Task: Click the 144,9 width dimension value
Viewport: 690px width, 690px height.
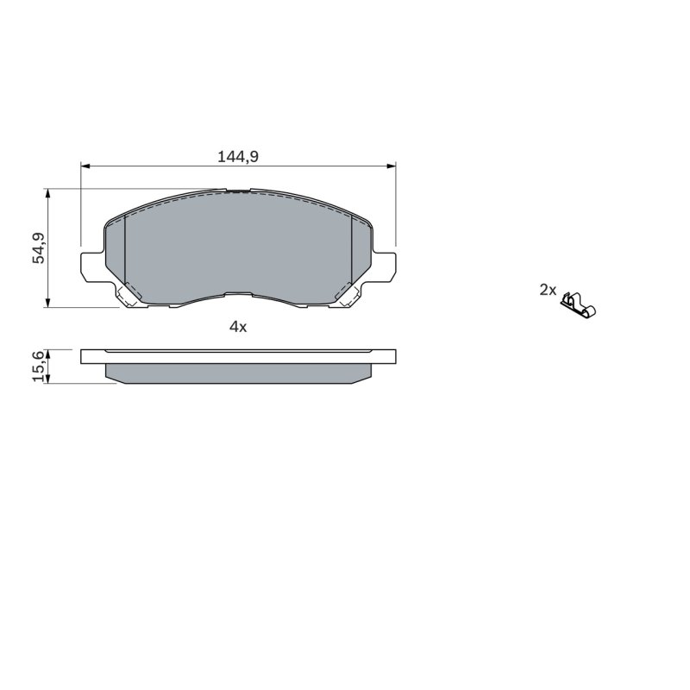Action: (x=238, y=156)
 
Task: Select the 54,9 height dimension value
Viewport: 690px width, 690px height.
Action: (x=39, y=248)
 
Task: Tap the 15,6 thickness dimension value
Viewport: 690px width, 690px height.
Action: (x=39, y=366)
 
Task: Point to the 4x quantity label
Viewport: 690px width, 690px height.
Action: (x=238, y=327)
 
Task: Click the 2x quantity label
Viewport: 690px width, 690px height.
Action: (x=548, y=290)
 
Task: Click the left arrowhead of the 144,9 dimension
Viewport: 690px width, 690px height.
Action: (x=85, y=166)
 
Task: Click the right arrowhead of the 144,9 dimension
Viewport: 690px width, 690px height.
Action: (x=392, y=166)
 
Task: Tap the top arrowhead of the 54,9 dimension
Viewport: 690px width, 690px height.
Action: (x=47, y=193)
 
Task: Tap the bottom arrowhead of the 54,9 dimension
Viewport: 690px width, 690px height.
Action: (x=47, y=303)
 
